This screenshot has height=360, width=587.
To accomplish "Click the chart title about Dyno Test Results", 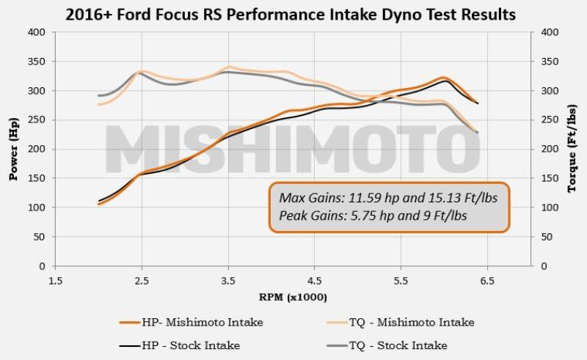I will [293, 14].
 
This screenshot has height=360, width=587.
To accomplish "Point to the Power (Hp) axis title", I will [12, 148].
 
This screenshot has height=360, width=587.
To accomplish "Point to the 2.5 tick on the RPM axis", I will [142, 280].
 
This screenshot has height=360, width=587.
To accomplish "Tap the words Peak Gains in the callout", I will [307, 216].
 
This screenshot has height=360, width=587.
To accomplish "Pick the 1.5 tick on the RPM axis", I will [55, 280].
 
